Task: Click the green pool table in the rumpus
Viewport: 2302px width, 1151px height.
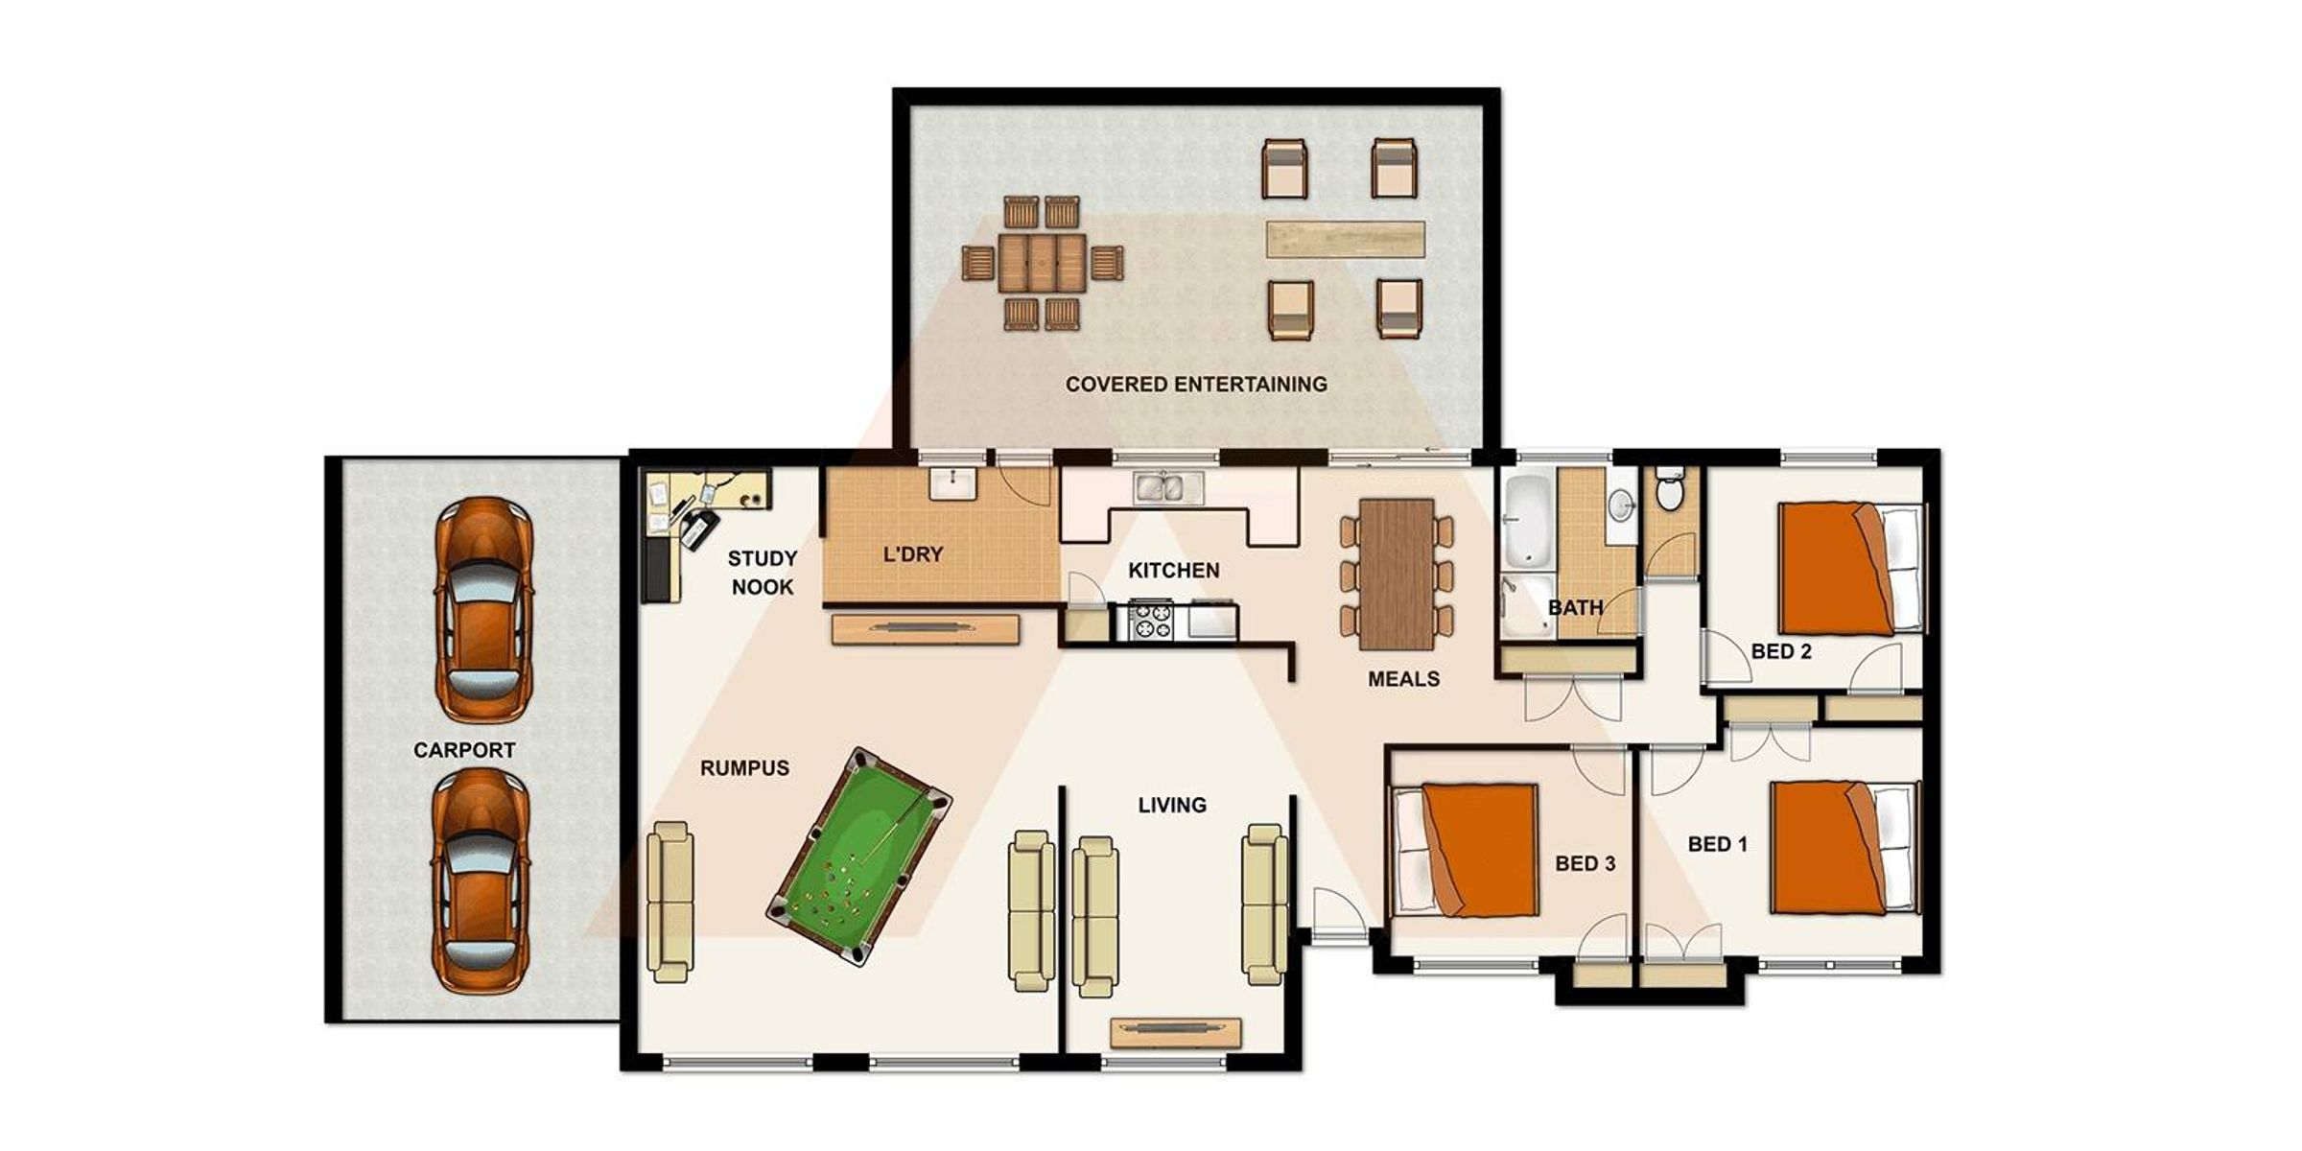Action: [x=858, y=857]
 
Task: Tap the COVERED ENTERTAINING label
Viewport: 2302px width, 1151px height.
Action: [x=1196, y=385]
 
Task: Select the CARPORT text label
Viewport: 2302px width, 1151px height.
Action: [x=464, y=750]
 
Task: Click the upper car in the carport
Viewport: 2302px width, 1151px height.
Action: [x=483, y=609]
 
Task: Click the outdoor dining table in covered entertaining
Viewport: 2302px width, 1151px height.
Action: [x=1043, y=263]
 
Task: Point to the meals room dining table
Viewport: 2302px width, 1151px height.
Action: [x=1397, y=574]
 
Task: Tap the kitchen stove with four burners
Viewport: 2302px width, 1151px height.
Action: [x=1150, y=620]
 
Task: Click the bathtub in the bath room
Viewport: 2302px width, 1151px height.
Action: [x=1526, y=523]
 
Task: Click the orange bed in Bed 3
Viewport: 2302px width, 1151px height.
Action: [x=1466, y=850]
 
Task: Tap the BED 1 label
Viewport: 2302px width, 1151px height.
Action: [x=1717, y=844]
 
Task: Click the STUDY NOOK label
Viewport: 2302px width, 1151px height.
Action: [x=763, y=573]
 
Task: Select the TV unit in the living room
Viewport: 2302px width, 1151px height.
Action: [x=1176, y=1032]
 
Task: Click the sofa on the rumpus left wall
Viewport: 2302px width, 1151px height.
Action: [x=670, y=902]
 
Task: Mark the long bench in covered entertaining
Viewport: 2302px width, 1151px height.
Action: [x=1345, y=240]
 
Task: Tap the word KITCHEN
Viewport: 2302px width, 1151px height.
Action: [x=1174, y=571]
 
